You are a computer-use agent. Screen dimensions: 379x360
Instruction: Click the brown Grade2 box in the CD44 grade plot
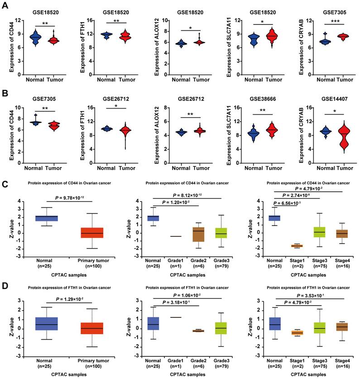(195, 234)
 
